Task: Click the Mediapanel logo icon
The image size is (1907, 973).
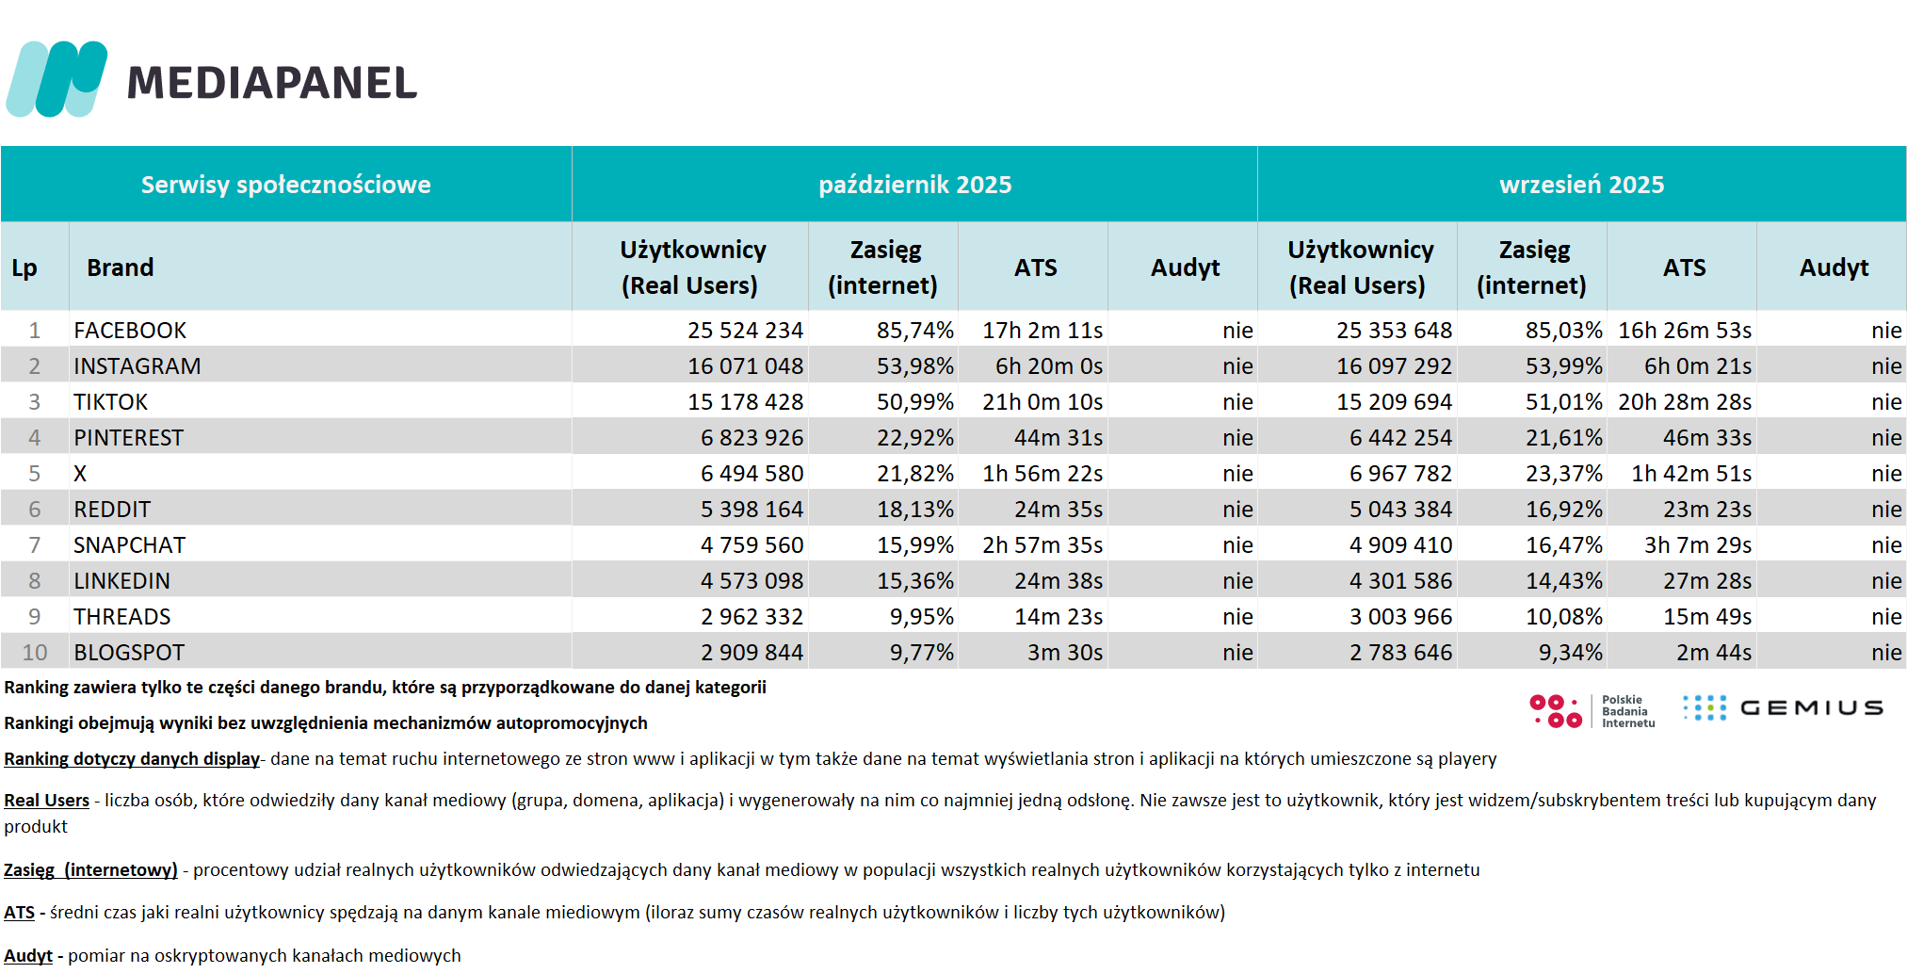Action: click(x=57, y=79)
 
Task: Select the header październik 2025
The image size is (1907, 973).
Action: click(x=914, y=185)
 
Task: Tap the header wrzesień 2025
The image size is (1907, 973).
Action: click(x=1581, y=185)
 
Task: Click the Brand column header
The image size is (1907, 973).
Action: click(x=121, y=268)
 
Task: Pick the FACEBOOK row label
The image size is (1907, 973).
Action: click(x=130, y=331)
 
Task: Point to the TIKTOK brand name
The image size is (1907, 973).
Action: click(x=111, y=402)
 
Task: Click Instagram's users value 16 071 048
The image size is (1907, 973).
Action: click(x=745, y=366)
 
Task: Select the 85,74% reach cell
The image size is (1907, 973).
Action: click(x=914, y=331)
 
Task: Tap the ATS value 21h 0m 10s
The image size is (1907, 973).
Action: click(x=1042, y=402)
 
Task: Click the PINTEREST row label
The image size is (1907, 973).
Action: click(x=129, y=438)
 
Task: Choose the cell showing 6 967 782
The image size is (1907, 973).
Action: click(x=1400, y=474)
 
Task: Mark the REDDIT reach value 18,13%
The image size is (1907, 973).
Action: click(x=914, y=510)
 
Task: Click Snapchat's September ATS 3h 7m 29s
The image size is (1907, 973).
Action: click(x=1697, y=545)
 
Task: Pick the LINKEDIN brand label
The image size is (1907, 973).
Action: click(x=122, y=581)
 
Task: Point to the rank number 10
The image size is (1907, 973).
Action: click(x=35, y=653)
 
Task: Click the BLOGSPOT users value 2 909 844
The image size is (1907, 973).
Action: click(x=751, y=653)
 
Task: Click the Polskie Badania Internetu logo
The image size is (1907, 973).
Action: click(x=1592, y=711)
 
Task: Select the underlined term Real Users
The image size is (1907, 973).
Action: click(x=47, y=801)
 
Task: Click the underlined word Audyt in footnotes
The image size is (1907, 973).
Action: click(x=28, y=956)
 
